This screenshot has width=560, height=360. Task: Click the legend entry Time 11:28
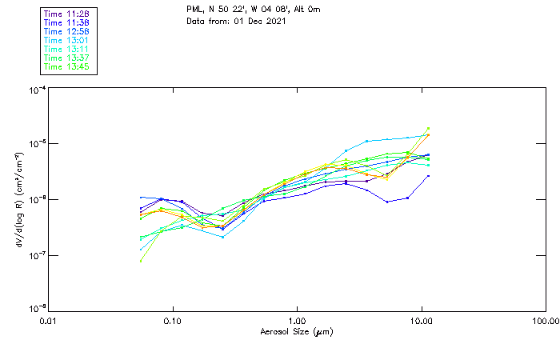[x=67, y=14]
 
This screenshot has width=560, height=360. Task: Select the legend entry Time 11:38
[x=67, y=22]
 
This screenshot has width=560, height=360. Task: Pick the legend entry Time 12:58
[x=67, y=31]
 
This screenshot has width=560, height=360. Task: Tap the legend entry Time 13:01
[x=67, y=40]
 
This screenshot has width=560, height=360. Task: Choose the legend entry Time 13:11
[x=67, y=49]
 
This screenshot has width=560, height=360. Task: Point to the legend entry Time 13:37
[x=67, y=58]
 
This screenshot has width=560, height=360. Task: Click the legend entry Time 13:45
[x=67, y=66]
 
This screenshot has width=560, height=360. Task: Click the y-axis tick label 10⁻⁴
[x=36, y=91]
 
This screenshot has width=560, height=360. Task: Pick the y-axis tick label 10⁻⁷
[x=36, y=255]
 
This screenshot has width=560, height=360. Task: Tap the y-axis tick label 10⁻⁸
[x=36, y=309]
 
